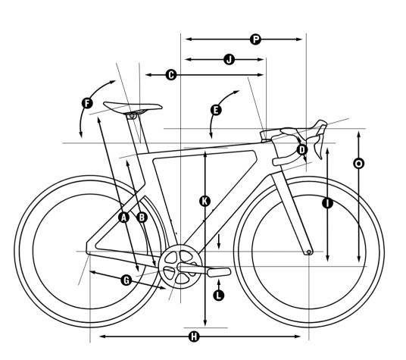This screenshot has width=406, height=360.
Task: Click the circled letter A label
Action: [123, 218]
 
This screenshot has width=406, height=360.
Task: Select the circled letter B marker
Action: [142, 218]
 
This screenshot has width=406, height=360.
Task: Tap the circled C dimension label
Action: [171, 75]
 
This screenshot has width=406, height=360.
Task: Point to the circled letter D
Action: [302, 150]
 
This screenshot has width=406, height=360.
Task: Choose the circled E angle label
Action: [216, 110]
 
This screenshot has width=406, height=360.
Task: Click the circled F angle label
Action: [87, 103]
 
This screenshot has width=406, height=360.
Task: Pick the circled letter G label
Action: [126, 280]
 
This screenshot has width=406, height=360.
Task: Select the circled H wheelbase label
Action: [194, 337]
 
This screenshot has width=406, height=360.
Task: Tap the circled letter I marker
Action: [327, 203]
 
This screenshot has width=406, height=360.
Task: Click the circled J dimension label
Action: [230, 59]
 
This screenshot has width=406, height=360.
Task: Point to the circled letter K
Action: [205, 201]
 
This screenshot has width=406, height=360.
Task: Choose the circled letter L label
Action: [219, 296]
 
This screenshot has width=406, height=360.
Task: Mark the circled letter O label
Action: [358, 164]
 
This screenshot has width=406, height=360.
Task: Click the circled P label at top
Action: [255, 39]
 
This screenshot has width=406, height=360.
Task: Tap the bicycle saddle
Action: [133, 107]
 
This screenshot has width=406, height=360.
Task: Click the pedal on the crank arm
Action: [219, 272]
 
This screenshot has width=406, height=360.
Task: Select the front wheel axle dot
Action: [308, 252]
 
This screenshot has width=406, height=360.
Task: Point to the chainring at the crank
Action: [180, 266]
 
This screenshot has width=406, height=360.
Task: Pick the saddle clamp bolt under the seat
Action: [132, 116]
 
